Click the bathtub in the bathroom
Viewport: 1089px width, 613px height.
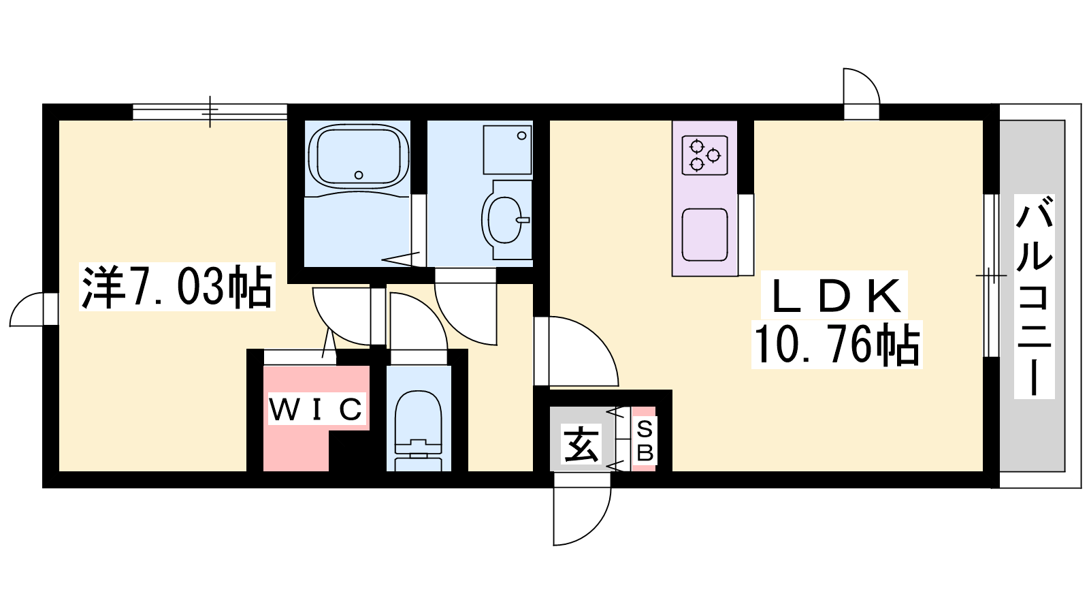pyautogui.click(x=358, y=157)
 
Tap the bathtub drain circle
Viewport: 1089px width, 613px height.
pyautogui.click(x=359, y=175)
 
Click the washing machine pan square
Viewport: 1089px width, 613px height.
pyautogui.click(x=507, y=149)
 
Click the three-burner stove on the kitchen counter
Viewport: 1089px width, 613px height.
pyautogui.click(x=704, y=155)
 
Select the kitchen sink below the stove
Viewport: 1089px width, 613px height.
pyautogui.click(x=704, y=234)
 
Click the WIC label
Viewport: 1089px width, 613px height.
pyautogui.click(x=316, y=409)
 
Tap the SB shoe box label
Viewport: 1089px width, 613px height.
pyautogui.click(x=645, y=441)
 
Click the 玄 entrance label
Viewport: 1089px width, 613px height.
pyautogui.click(x=581, y=444)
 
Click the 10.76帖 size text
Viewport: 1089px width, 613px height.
pyautogui.click(x=836, y=345)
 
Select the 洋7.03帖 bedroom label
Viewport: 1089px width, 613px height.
pyautogui.click(x=177, y=287)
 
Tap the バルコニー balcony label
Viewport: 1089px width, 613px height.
pyautogui.click(x=1034, y=296)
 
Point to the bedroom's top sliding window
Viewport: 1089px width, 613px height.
pyautogui.click(x=210, y=111)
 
